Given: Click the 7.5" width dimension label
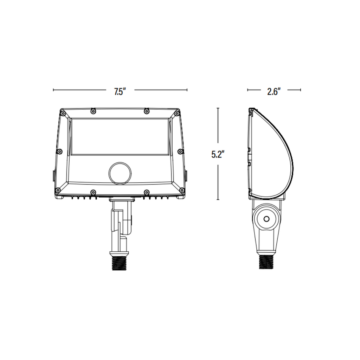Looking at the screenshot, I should point(120,92).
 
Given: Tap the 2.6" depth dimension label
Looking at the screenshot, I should point(273,92).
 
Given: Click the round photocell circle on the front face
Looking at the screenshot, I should point(120,173).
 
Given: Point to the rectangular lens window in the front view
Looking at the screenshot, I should point(120,137).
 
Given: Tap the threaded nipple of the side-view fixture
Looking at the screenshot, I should point(267,261).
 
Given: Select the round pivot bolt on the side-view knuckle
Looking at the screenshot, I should point(266,219).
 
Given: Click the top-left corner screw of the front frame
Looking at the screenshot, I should point(63,114).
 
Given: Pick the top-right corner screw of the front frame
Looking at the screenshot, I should point(177,114).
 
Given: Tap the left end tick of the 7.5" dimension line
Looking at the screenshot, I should point(53,90).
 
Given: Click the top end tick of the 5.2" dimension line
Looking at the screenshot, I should point(218,108).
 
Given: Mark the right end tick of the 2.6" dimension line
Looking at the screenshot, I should point(301,90).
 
